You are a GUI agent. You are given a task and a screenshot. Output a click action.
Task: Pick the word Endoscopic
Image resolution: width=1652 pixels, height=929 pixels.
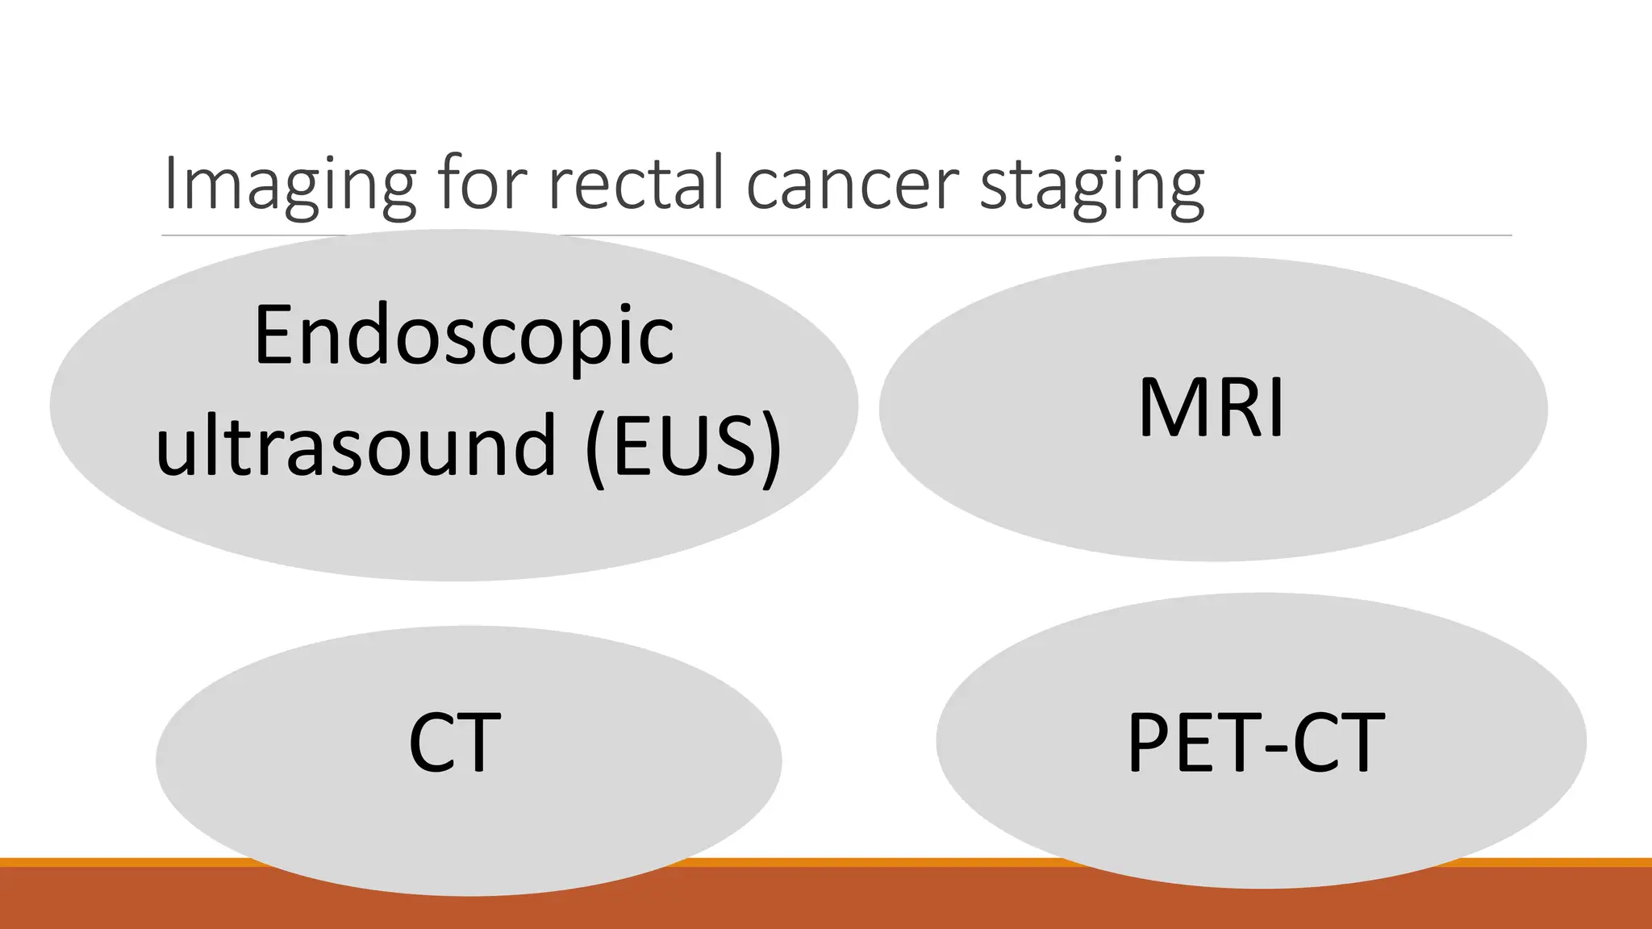click(x=464, y=335)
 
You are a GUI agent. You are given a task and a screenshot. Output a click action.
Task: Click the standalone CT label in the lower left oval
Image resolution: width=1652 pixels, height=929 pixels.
click(x=454, y=742)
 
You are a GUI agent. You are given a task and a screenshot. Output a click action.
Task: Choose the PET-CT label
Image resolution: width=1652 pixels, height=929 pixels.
click(x=1255, y=742)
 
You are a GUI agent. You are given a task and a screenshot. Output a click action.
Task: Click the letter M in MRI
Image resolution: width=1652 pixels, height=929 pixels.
click(x=1172, y=409)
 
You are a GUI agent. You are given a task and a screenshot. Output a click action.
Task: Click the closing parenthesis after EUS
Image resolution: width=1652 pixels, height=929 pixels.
click(x=770, y=448)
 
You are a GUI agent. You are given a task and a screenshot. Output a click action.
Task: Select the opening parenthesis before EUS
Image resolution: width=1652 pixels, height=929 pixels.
click(x=595, y=448)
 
